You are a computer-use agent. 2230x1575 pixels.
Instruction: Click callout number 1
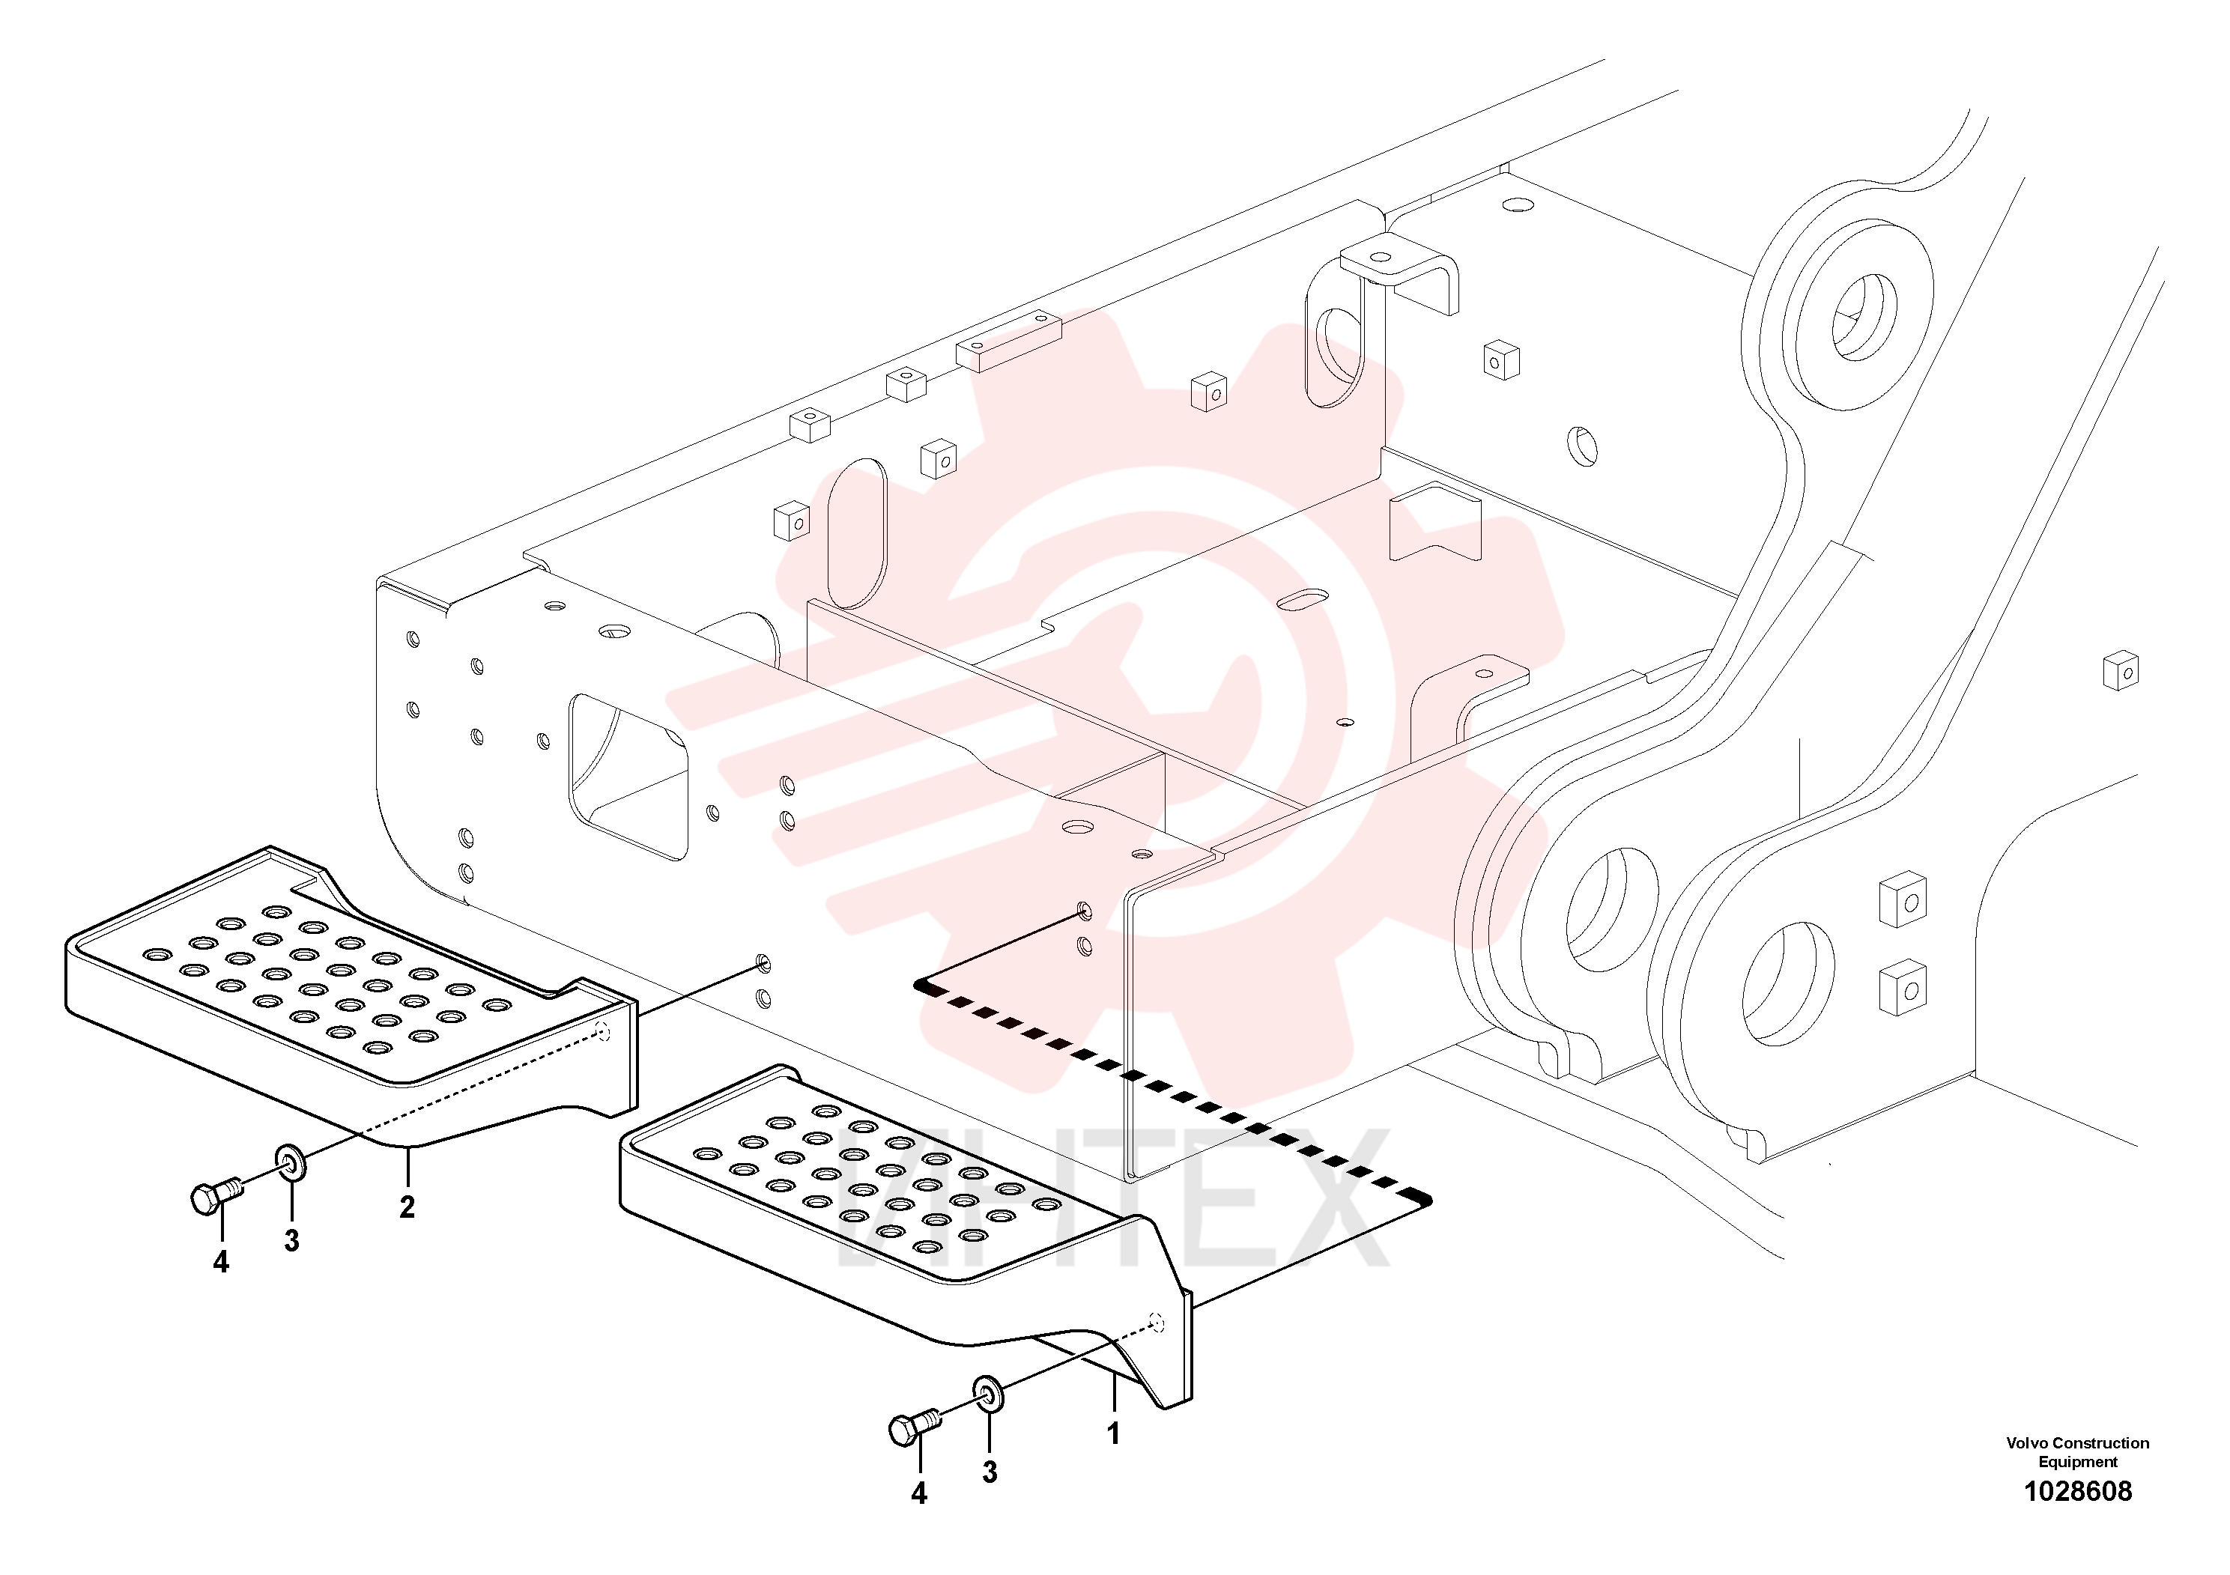pyautogui.click(x=1113, y=1433)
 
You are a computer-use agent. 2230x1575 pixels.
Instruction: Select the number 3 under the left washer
pyautogui.click(x=291, y=1240)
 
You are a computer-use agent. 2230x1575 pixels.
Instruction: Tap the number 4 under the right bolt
pyautogui.click(x=919, y=1493)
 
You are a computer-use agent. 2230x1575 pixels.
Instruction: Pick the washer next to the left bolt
pyautogui.click(x=289, y=1162)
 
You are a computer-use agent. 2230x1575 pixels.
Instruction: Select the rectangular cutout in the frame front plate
pyautogui.click(x=628, y=777)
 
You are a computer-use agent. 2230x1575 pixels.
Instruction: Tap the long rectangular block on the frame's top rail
pyautogui.click(x=1008, y=341)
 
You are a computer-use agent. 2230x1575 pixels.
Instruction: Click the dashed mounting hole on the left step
pyautogui.click(x=602, y=1031)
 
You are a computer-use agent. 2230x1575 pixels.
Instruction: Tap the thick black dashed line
pyautogui.click(x=1173, y=1094)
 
